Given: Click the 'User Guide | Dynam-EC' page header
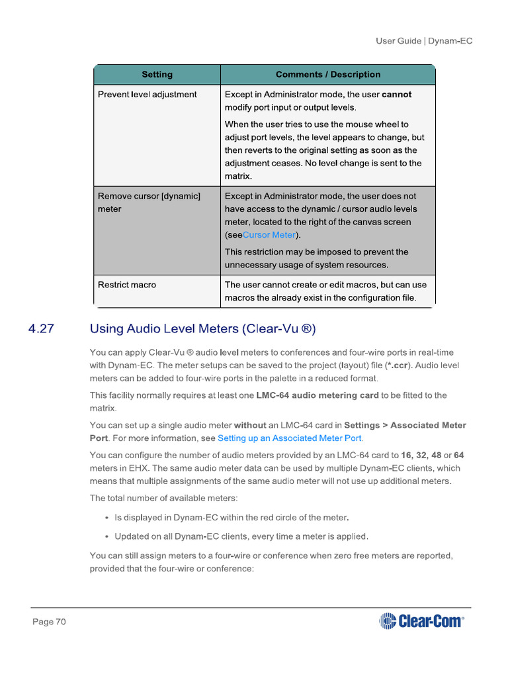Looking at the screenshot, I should (424, 41).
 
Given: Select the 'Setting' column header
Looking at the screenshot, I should (157, 75).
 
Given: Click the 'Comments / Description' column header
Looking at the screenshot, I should (328, 75).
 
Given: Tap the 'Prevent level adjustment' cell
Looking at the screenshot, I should (148, 95).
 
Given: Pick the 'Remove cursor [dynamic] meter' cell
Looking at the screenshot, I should (149, 203).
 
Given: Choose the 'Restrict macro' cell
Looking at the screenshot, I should (127, 285).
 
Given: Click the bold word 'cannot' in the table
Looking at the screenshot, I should (396, 95).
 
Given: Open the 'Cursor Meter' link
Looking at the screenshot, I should (269, 235).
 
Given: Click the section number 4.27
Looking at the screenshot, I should (41, 328).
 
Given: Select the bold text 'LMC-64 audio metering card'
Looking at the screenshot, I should (317, 395).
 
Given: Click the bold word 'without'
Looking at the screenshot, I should (250, 425).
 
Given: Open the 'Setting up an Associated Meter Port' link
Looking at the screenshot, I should (290, 438).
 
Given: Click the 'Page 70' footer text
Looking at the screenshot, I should (50, 622).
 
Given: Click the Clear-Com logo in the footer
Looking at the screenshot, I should (421, 621).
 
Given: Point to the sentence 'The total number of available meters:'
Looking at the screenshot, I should (163, 498).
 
